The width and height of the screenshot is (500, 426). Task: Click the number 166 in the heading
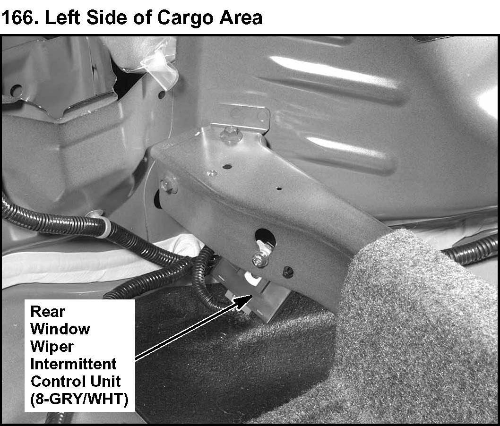18,17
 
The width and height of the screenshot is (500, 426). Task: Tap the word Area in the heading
241,17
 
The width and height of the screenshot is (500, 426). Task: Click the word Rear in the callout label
48,311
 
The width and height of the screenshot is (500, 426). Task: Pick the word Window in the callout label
60,329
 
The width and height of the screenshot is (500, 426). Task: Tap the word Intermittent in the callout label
73,364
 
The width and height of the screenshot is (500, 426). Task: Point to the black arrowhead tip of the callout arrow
252,296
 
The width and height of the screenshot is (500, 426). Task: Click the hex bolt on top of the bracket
230,134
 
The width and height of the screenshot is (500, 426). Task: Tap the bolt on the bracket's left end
168,185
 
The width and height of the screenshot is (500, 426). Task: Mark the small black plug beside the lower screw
288,272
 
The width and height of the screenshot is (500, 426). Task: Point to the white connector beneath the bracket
253,279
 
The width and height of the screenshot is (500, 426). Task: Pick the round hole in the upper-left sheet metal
16,91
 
